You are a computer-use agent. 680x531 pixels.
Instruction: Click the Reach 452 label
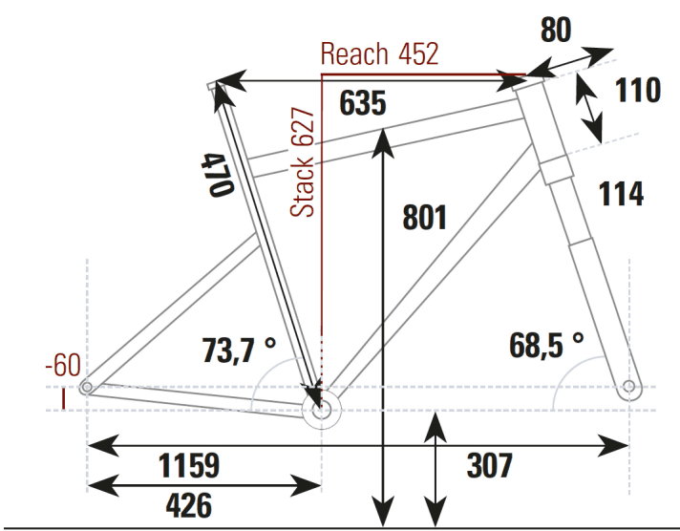pyautogui.click(x=379, y=54)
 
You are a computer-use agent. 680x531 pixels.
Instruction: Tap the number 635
pyautogui.click(x=362, y=104)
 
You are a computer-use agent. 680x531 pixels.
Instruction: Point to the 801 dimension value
pyautogui.click(x=424, y=218)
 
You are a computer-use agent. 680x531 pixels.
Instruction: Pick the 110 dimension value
pyautogui.click(x=637, y=91)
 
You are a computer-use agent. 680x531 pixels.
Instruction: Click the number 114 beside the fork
pyautogui.click(x=620, y=193)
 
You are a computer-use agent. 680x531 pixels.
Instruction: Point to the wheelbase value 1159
pyautogui.click(x=188, y=466)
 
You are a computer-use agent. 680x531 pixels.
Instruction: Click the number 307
pyautogui.click(x=490, y=466)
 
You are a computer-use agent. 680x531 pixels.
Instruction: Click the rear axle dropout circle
pyautogui.click(x=87, y=388)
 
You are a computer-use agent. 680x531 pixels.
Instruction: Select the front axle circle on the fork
pyautogui.click(x=627, y=387)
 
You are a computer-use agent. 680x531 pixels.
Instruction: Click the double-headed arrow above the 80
pyautogui.click(x=571, y=61)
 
